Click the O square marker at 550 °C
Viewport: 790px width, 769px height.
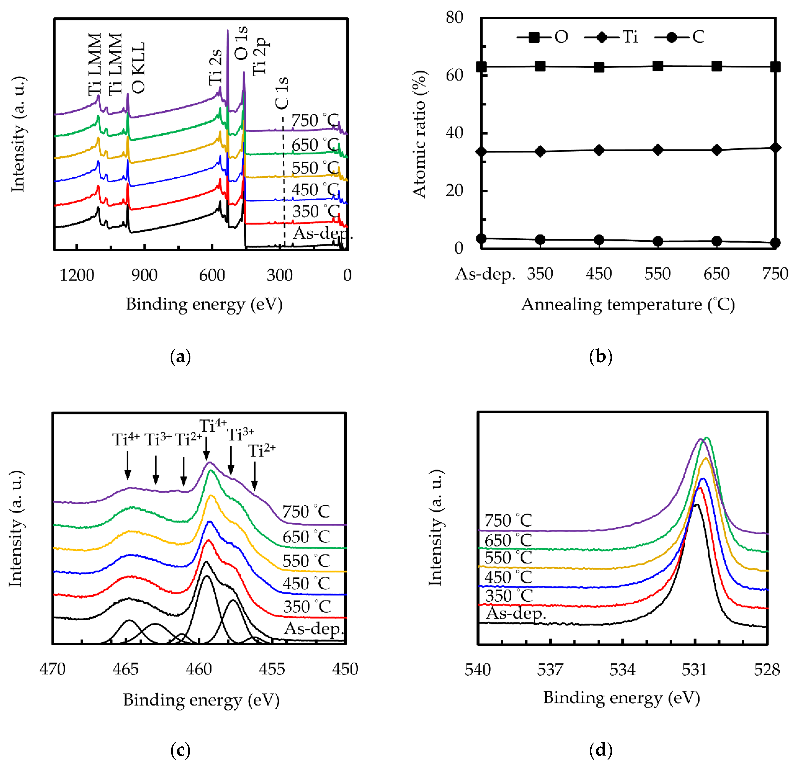pos(657,66)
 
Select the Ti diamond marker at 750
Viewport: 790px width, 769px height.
pos(775,148)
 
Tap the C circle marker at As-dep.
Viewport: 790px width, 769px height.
pos(481,238)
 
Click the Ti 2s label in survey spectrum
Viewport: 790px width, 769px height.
pos(215,68)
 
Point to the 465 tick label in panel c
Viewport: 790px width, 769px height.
pos(126,669)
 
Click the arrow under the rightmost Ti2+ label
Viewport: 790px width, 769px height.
pos(255,476)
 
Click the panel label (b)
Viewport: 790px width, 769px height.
pos(600,357)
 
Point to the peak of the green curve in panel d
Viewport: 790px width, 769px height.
pos(706,438)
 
